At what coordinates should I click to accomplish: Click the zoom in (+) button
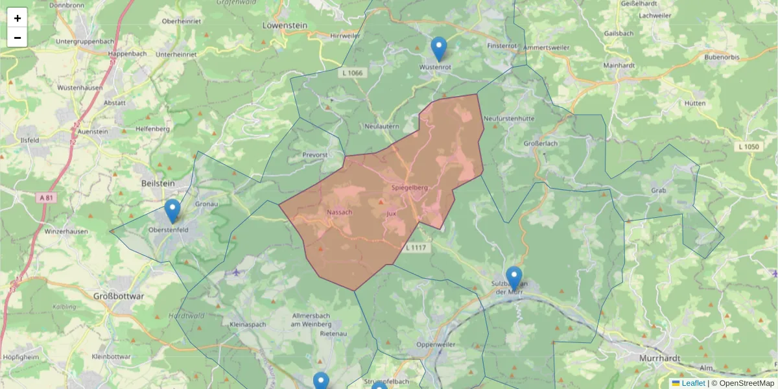pos(18,18)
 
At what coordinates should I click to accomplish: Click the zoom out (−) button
pos(18,38)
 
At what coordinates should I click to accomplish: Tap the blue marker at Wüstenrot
pos(439,49)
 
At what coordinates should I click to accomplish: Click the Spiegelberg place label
pos(410,188)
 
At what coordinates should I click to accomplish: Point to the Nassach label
pos(340,213)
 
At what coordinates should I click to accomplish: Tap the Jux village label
pos(391,213)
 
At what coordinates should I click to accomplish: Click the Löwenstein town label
pos(285,26)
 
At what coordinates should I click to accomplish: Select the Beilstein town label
pos(158,184)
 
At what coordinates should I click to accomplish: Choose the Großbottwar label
pos(119,296)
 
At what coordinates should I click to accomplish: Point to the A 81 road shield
pos(45,198)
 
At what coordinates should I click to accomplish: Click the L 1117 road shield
pos(416,248)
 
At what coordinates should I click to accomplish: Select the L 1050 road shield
pos(748,147)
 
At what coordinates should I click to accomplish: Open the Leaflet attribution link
pos(693,383)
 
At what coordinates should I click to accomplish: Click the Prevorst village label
pos(315,155)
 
